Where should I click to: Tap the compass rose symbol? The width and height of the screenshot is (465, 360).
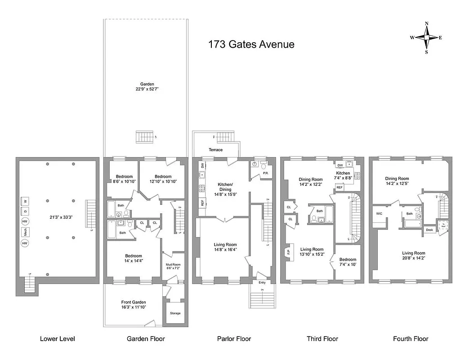click(426, 38)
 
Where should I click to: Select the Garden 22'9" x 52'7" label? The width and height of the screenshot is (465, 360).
click(147, 87)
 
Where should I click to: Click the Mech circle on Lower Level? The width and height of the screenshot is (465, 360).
click(26, 232)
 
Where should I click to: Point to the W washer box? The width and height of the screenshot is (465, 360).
click(26, 201)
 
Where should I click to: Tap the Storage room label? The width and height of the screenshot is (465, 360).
click(175, 313)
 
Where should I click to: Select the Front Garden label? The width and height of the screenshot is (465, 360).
click(134, 305)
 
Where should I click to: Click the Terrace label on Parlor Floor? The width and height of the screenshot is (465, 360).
click(215, 150)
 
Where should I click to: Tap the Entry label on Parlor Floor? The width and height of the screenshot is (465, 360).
click(262, 283)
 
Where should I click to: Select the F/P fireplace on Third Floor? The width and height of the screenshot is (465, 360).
click(288, 252)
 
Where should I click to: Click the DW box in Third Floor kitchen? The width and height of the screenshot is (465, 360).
click(340, 165)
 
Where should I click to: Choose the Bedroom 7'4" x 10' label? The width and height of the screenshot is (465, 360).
click(348, 262)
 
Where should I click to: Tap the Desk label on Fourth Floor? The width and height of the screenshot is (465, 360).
click(430, 230)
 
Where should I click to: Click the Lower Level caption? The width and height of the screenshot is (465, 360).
click(58, 339)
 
